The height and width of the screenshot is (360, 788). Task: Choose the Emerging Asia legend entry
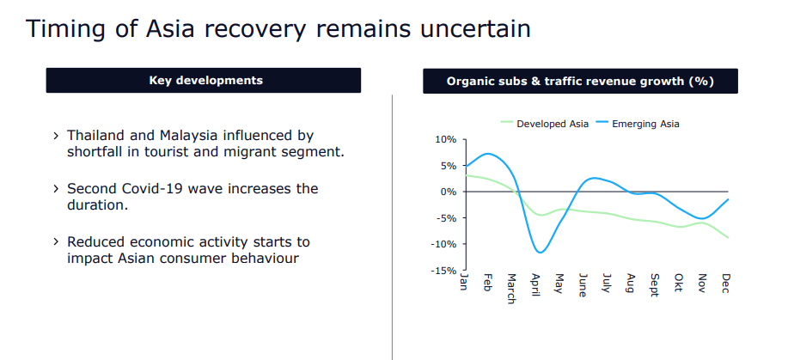click(x=645, y=124)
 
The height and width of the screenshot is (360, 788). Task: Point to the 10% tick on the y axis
click(x=446, y=139)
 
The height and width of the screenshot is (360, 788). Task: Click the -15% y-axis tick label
click(x=443, y=271)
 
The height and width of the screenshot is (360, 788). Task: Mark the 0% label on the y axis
click(x=449, y=192)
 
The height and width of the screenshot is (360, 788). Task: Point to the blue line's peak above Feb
click(x=488, y=154)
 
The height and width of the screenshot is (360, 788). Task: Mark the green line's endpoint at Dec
click(x=728, y=237)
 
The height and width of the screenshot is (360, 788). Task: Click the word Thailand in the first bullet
click(x=97, y=136)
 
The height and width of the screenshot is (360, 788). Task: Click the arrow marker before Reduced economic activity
click(x=56, y=242)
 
